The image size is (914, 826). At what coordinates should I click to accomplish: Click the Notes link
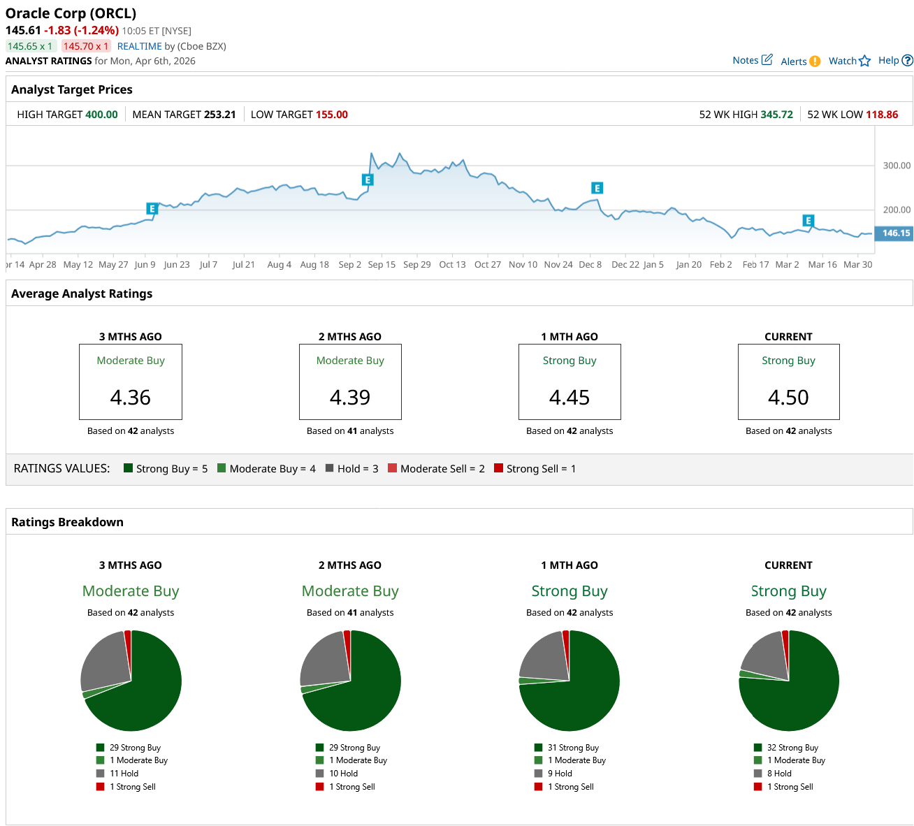[752, 60]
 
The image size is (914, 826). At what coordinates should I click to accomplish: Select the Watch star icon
[864, 61]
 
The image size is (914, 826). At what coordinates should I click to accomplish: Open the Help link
[894, 60]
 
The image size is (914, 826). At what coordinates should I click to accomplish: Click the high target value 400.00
[101, 115]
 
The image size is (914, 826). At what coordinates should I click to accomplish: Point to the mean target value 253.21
[219, 115]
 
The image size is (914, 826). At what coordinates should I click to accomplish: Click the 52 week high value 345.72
[776, 115]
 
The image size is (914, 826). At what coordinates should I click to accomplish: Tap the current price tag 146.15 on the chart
[895, 233]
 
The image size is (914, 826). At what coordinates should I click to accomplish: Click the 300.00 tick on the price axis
[897, 166]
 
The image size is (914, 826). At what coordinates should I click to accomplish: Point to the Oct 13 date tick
[452, 265]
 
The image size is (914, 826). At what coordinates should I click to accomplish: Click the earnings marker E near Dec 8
[597, 188]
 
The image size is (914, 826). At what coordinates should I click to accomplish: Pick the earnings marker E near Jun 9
[152, 208]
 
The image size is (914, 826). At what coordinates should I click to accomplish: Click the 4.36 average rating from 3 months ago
[131, 398]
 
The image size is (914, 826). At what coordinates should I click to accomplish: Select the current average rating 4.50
[788, 398]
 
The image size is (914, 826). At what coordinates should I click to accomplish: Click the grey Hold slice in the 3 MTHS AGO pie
[105, 660]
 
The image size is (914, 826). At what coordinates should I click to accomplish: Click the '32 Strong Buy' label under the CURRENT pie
[792, 748]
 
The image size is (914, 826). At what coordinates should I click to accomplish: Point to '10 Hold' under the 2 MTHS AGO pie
[343, 774]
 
